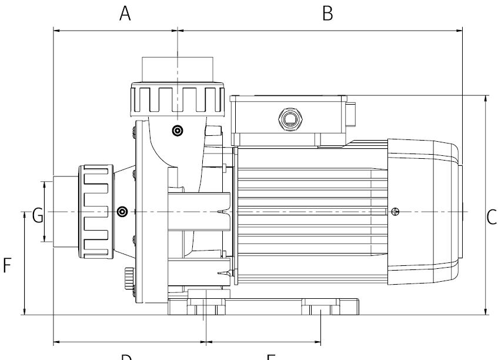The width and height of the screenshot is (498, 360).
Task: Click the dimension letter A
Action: [125, 13]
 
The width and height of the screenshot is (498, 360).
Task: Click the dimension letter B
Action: [327, 13]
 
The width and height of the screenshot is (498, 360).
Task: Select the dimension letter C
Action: [492, 217]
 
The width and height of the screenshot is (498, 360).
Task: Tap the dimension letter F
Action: [7, 266]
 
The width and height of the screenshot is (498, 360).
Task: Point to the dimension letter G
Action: [37, 216]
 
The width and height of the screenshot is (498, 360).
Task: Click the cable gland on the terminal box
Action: [289, 119]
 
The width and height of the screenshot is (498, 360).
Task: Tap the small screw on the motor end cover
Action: [397, 211]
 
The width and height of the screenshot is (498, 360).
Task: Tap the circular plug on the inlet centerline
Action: [122, 212]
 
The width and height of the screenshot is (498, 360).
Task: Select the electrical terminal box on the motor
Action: [288, 120]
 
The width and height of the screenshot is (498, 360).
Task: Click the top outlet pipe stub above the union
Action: [177, 69]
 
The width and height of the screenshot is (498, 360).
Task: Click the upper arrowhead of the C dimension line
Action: [485, 98]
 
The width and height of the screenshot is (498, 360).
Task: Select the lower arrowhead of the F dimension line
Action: [25, 311]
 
